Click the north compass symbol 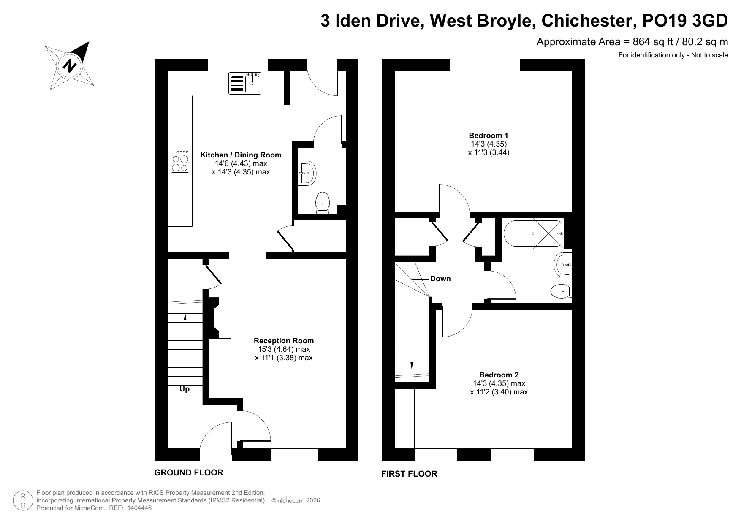(x=70, y=66)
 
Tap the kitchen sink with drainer (x=245, y=83)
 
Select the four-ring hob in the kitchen (x=180, y=162)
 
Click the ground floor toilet (x=323, y=202)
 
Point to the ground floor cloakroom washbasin (x=307, y=173)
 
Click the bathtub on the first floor (x=533, y=233)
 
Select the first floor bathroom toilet (x=561, y=291)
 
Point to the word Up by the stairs (x=185, y=389)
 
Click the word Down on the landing (x=440, y=279)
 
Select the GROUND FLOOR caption (x=189, y=472)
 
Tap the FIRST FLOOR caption (x=409, y=474)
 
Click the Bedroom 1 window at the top (x=485, y=65)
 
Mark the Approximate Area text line (x=632, y=42)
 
